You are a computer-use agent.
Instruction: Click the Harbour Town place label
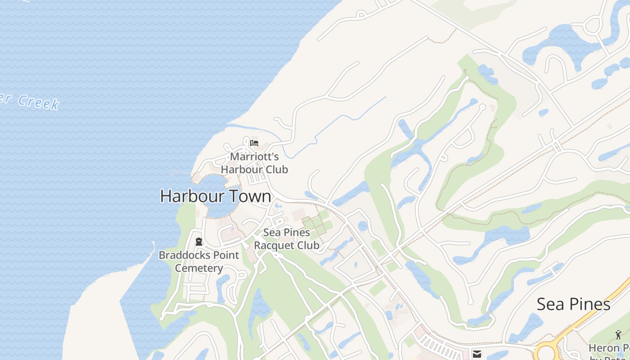point(216,197)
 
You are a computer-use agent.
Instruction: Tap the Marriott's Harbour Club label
point(254,163)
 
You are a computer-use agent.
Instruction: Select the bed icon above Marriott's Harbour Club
point(254,144)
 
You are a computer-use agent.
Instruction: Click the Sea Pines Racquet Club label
point(287,239)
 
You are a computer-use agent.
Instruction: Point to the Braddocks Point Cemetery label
point(199,261)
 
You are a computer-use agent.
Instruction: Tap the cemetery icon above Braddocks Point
point(199,242)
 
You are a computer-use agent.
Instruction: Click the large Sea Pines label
point(573,304)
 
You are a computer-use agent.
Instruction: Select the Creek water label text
point(38,102)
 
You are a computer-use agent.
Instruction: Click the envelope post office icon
point(477,354)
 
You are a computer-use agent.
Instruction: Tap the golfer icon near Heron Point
point(618,335)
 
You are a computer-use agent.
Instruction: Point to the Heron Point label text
point(610,348)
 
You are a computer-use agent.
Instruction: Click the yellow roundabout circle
point(547,351)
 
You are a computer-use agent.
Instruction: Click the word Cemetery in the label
point(199,268)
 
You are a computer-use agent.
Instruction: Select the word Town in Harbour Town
point(250,197)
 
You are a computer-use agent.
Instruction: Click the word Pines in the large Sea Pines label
point(590,304)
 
